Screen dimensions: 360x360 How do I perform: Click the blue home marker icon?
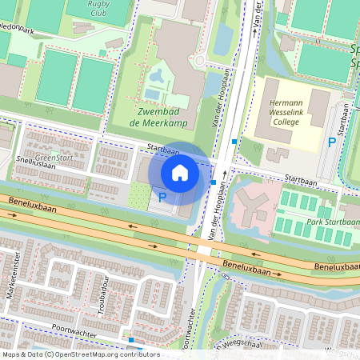(180, 172)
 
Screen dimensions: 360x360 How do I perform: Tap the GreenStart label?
(54, 158)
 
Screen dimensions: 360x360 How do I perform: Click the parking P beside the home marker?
(162, 197)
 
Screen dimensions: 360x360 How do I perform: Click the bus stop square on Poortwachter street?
(130, 340)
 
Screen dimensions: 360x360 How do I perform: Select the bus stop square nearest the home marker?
(212, 182)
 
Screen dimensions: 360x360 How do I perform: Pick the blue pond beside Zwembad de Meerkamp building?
(156, 78)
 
